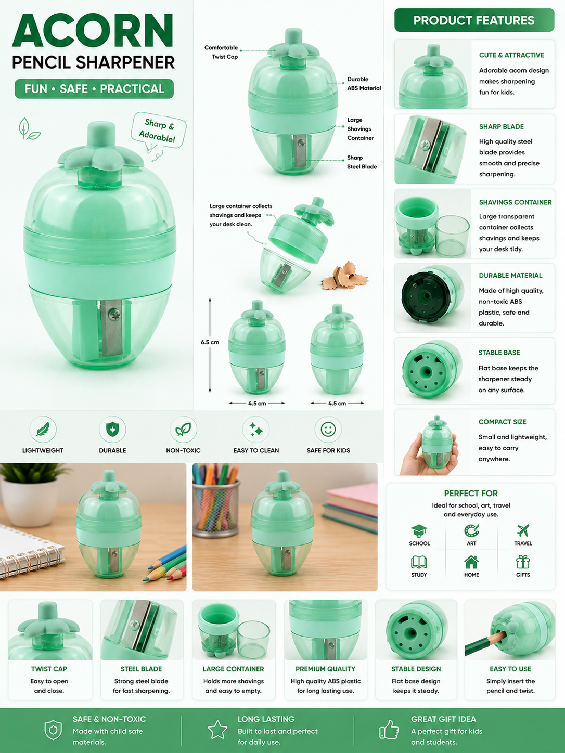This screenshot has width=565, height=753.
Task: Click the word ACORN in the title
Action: point(93,31)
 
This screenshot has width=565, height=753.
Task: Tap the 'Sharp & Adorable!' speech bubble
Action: point(159,131)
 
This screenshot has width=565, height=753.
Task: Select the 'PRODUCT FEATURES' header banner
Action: point(474,20)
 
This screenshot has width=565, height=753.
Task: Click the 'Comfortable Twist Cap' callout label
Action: point(221,52)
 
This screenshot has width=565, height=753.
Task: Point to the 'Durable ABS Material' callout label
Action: point(364,84)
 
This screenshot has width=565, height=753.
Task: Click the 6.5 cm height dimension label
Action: point(210,342)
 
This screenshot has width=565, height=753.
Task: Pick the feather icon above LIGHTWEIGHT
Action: point(43,429)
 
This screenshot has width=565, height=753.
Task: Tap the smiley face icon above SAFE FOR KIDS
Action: point(328,429)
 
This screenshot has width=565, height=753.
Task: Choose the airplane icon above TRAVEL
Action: point(523,530)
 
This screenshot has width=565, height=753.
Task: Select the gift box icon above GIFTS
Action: point(523,562)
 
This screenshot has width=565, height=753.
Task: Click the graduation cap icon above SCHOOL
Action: point(419,531)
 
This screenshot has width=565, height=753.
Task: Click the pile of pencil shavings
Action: point(345,276)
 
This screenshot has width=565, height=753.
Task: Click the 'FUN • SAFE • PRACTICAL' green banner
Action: point(94,89)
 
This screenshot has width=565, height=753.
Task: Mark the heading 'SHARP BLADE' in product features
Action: point(502,126)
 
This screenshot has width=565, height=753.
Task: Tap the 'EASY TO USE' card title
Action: point(510,669)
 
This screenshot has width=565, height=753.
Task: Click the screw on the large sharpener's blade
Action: point(114,313)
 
